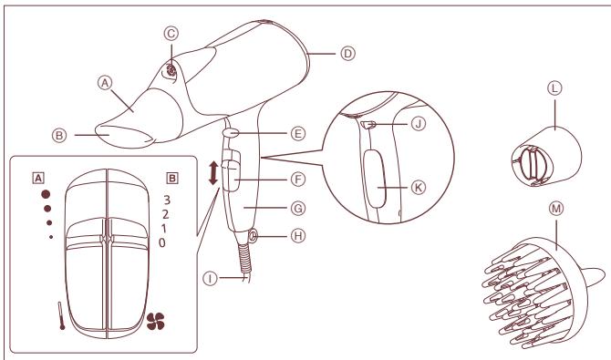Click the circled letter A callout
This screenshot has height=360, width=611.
[x=105, y=81]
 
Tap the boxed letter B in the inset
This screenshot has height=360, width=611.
[x=171, y=178]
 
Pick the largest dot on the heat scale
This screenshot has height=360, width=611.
[x=45, y=195]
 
